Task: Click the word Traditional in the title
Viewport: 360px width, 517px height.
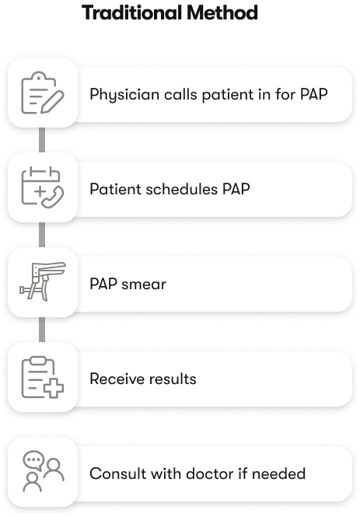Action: pyautogui.click(x=132, y=13)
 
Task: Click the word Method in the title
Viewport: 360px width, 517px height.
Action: pyautogui.click(x=222, y=13)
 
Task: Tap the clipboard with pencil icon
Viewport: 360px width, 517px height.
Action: pyautogui.click(x=43, y=93)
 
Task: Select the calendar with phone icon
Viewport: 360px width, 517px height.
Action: pyautogui.click(x=43, y=187)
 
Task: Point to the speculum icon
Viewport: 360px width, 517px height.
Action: pyautogui.click(x=43, y=281)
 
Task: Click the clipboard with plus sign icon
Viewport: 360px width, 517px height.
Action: pyautogui.click(x=43, y=377)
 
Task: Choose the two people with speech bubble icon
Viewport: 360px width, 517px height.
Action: pyautogui.click(x=44, y=471)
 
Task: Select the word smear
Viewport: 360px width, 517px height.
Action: pyautogui.click(x=144, y=285)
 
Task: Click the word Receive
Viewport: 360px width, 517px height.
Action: pyautogui.click(x=114, y=379)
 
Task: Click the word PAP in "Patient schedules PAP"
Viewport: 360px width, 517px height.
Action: pyautogui.click(x=236, y=189)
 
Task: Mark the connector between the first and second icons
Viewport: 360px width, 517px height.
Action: pyautogui.click(x=42, y=140)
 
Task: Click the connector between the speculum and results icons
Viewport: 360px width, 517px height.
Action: pyautogui.click(x=42, y=330)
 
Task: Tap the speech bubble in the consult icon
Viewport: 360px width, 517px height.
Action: pyautogui.click(x=33, y=459)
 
